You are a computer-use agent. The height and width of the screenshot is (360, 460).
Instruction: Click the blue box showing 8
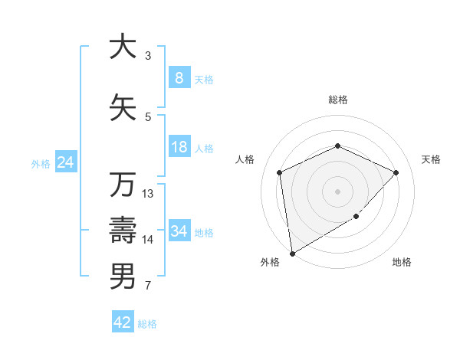click(x=179, y=77)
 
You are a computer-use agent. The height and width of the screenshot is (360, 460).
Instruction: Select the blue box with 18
click(x=179, y=147)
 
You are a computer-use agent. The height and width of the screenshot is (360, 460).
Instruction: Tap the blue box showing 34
click(x=179, y=231)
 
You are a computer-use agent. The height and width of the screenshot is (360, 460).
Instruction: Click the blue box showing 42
click(x=123, y=322)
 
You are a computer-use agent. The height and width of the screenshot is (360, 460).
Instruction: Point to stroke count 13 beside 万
click(x=148, y=194)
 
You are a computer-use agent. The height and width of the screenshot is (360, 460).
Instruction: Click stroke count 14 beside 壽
click(x=148, y=240)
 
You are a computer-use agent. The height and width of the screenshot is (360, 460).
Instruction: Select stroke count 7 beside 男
click(x=148, y=286)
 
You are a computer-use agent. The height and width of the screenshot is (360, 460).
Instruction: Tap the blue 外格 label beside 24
click(x=41, y=163)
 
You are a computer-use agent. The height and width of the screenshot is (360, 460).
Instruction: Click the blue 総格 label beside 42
click(x=147, y=323)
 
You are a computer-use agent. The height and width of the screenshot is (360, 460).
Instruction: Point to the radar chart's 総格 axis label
click(x=337, y=100)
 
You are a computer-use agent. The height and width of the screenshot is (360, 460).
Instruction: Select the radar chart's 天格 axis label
click(x=431, y=159)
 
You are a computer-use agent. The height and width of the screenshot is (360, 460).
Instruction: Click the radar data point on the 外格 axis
click(x=292, y=253)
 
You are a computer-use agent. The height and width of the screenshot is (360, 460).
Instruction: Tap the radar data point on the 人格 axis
click(x=280, y=172)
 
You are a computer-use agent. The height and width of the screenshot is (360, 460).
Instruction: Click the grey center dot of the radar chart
click(x=337, y=191)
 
